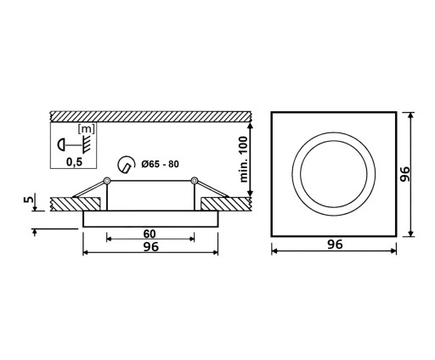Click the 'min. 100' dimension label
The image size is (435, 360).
(244, 160)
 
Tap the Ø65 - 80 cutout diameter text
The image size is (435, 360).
(161, 164)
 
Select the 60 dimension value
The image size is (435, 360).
(150, 233)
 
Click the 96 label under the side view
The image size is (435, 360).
(151, 247)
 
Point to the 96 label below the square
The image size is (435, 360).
(335, 245)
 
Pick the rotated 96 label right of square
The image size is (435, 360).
(405, 174)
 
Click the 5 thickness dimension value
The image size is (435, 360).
(29, 200)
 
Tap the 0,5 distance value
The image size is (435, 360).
(74, 162)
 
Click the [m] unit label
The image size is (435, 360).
(87, 129)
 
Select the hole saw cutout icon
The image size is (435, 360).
(126, 164)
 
